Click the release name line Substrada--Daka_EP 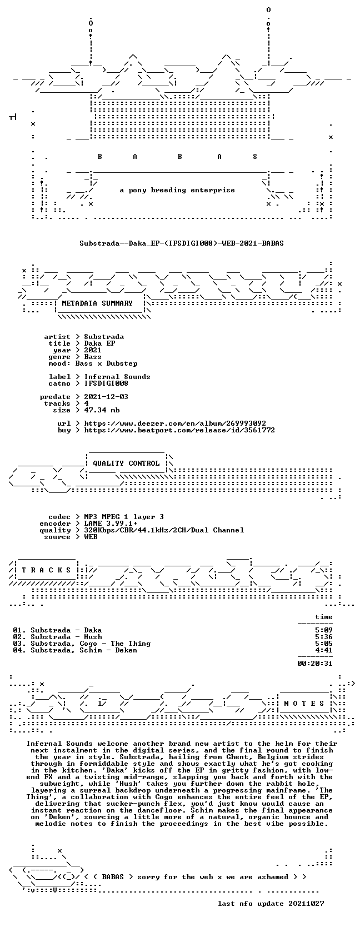[x=182, y=243]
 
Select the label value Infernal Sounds [x=117, y=377]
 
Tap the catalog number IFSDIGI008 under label [x=106, y=383]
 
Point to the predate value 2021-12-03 [x=106, y=396]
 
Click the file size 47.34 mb [x=102, y=410]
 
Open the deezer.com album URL [x=175, y=423]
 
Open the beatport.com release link [x=179, y=430]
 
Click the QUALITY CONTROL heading [x=126, y=463]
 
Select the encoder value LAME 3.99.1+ [x=111, y=524]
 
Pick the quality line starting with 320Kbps [x=164, y=530]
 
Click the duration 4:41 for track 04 [x=323, y=650]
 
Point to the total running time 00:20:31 [x=315, y=664]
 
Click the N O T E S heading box [x=304, y=704]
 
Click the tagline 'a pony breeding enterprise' [x=177, y=191]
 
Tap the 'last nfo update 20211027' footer [x=271, y=904]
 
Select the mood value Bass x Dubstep [x=106, y=363]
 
